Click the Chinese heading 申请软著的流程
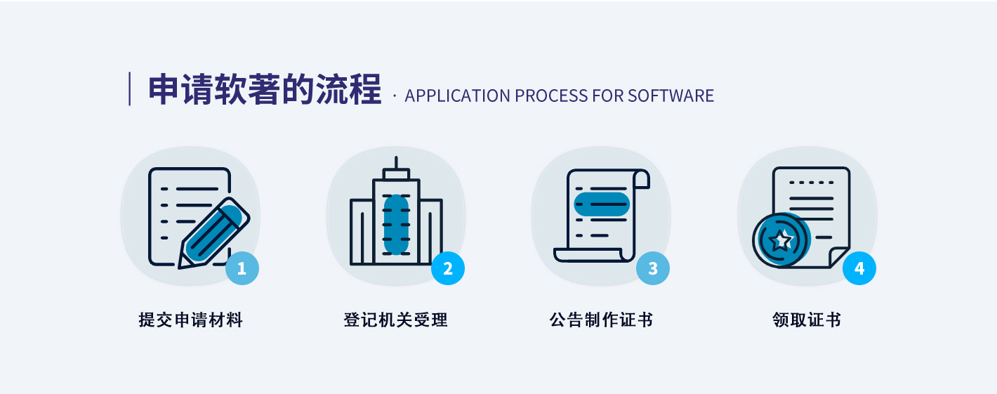(x=264, y=90)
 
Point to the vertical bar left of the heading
(x=130, y=89)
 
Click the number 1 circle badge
(x=242, y=268)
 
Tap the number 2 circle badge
(x=448, y=268)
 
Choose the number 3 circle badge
(x=653, y=268)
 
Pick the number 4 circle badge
(x=859, y=268)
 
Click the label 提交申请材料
(x=191, y=321)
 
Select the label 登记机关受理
(x=396, y=321)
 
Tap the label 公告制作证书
(x=602, y=321)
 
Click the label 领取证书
(x=807, y=321)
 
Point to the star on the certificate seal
(x=780, y=241)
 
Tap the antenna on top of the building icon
(x=396, y=163)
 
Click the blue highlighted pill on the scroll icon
(x=601, y=204)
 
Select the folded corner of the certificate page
(x=838, y=256)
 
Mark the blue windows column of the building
(x=396, y=224)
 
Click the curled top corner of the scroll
(x=641, y=180)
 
